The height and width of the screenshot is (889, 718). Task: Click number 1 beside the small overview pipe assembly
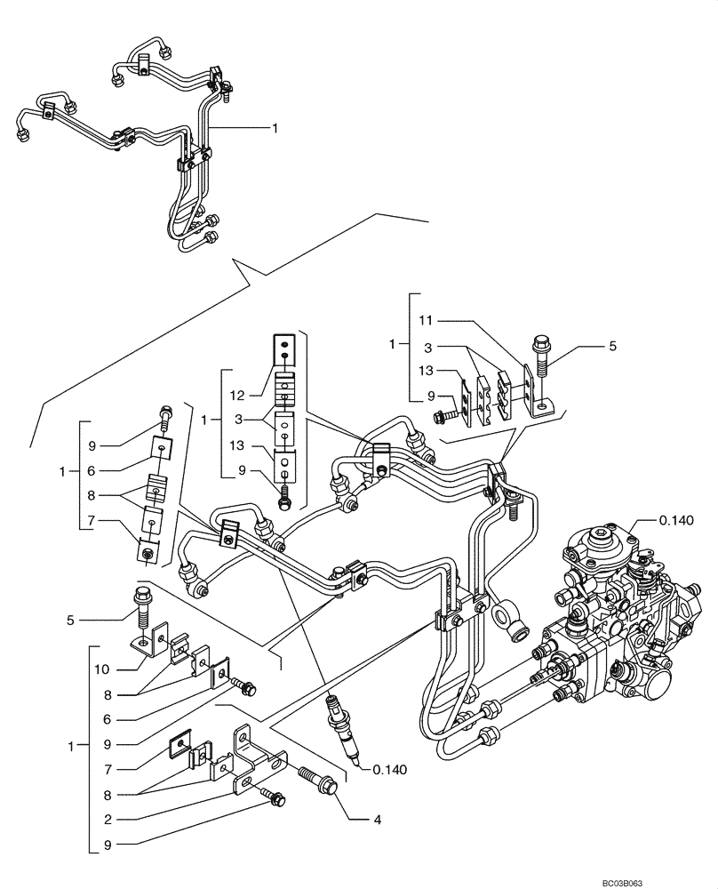click(x=275, y=128)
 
